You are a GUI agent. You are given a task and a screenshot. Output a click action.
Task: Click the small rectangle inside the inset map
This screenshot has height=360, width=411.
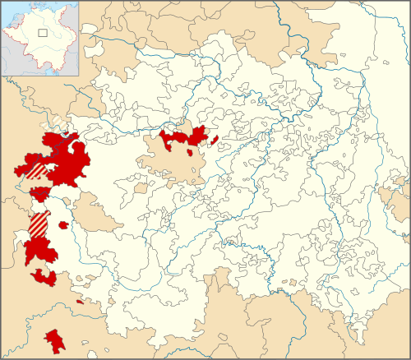[x=43, y=33]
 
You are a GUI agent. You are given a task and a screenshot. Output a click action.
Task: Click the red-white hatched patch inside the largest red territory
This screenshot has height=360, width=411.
[x=37, y=171]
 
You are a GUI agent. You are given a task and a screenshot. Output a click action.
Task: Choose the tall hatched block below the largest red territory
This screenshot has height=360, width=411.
[x=39, y=224]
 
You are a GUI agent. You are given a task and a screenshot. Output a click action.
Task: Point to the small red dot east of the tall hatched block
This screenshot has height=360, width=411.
[x=63, y=224]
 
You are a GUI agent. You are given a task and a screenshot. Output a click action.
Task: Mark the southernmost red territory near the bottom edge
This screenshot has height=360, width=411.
[x=55, y=341]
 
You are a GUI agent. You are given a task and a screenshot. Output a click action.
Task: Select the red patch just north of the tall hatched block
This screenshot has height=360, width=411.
[x=39, y=195]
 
